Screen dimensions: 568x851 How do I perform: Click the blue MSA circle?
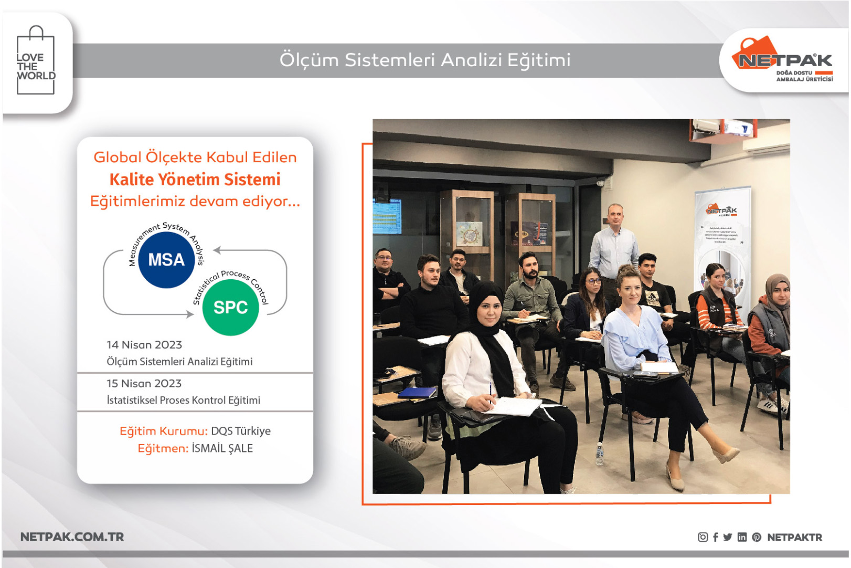166,260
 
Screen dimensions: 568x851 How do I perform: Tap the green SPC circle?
230,307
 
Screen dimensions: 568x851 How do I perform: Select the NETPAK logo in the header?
785,60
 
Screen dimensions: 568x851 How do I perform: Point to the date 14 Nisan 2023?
144,345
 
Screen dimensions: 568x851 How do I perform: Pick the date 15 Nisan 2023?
144,384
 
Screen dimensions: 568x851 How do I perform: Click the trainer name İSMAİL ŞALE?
222,448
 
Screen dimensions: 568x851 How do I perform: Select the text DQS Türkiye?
241,431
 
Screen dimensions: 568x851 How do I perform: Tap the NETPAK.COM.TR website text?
72,537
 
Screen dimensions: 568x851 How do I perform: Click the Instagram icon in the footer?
703,537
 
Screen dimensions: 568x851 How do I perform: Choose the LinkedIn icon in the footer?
742,537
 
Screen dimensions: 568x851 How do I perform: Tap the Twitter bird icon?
728,537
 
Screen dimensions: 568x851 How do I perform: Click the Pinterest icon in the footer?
757,537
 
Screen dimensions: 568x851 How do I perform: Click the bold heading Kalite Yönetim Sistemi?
195,180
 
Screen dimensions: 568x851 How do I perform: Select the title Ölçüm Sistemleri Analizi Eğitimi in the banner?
425,60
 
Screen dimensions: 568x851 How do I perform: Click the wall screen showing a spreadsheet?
387,215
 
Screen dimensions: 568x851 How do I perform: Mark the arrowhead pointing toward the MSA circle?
217,250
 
